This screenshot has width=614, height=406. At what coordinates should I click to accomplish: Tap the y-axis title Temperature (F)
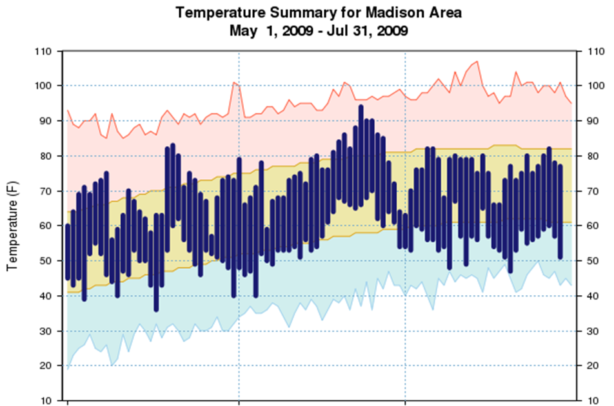[12, 226]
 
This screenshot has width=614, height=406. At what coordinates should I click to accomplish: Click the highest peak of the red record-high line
[477, 62]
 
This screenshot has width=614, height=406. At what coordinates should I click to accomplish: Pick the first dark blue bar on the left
[68, 251]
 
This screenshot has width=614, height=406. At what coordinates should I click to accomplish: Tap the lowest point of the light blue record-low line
[68, 369]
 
